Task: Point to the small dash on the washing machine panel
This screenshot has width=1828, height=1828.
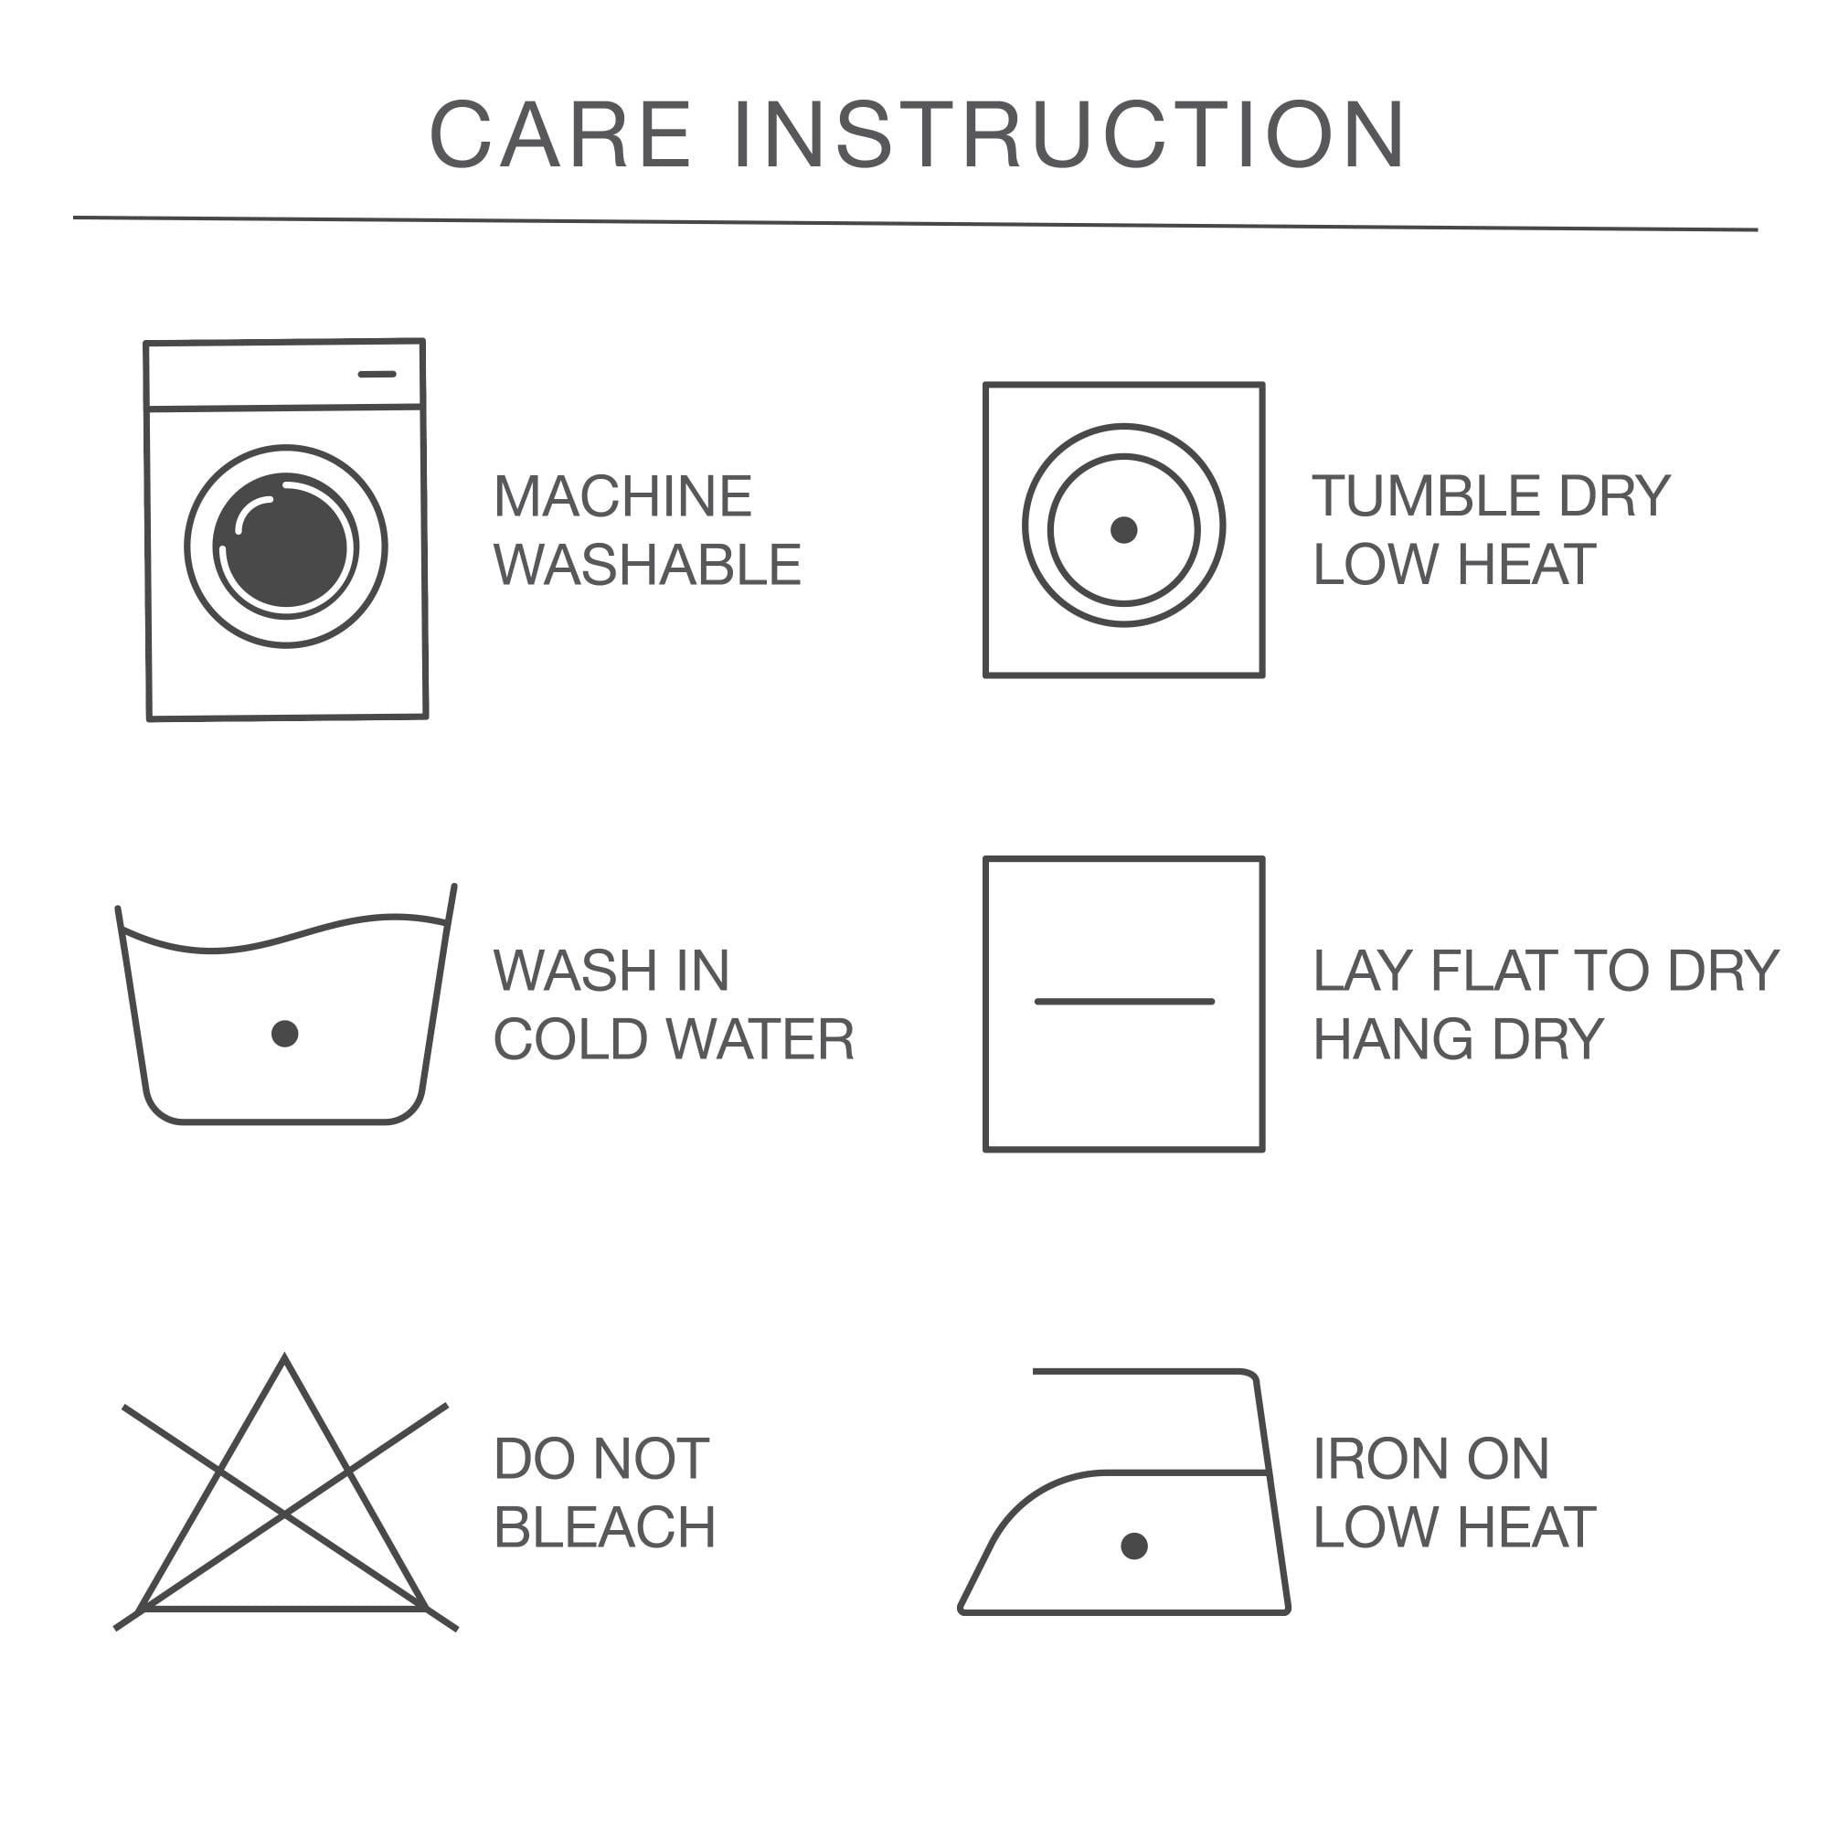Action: [x=377, y=374]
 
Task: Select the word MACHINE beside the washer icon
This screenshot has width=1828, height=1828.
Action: [x=622, y=495]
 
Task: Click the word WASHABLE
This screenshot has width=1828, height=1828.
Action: [x=647, y=564]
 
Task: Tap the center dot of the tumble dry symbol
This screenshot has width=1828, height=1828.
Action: [x=1124, y=530]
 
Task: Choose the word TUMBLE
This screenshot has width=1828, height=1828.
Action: [x=1428, y=495]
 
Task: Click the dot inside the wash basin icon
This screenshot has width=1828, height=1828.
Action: [x=285, y=1033]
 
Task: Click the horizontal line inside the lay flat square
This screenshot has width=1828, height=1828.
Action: [x=1124, y=1001]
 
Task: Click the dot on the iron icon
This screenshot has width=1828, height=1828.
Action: [x=1134, y=1546]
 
